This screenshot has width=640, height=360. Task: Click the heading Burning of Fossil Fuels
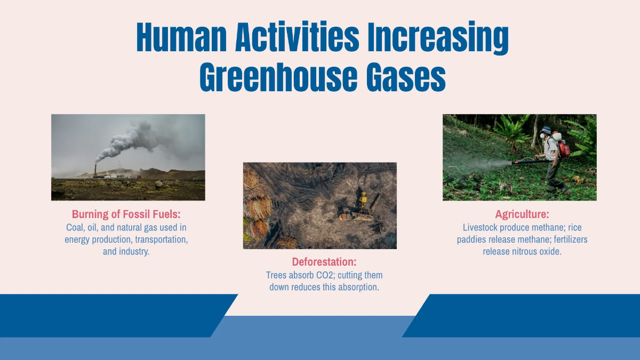pyautogui.click(x=126, y=214)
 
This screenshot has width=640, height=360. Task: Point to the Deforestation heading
pyautogui.click(x=324, y=262)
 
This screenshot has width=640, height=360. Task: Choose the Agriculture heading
pyautogui.click(x=522, y=214)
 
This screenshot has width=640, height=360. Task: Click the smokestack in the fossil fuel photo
pyautogui.click(x=95, y=170)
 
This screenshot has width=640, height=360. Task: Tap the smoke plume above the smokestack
pyautogui.click(x=128, y=139)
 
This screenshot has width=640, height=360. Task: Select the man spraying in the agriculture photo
pyautogui.click(x=552, y=157)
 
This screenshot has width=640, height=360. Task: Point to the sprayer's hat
pyautogui.click(x=545, y=130)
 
